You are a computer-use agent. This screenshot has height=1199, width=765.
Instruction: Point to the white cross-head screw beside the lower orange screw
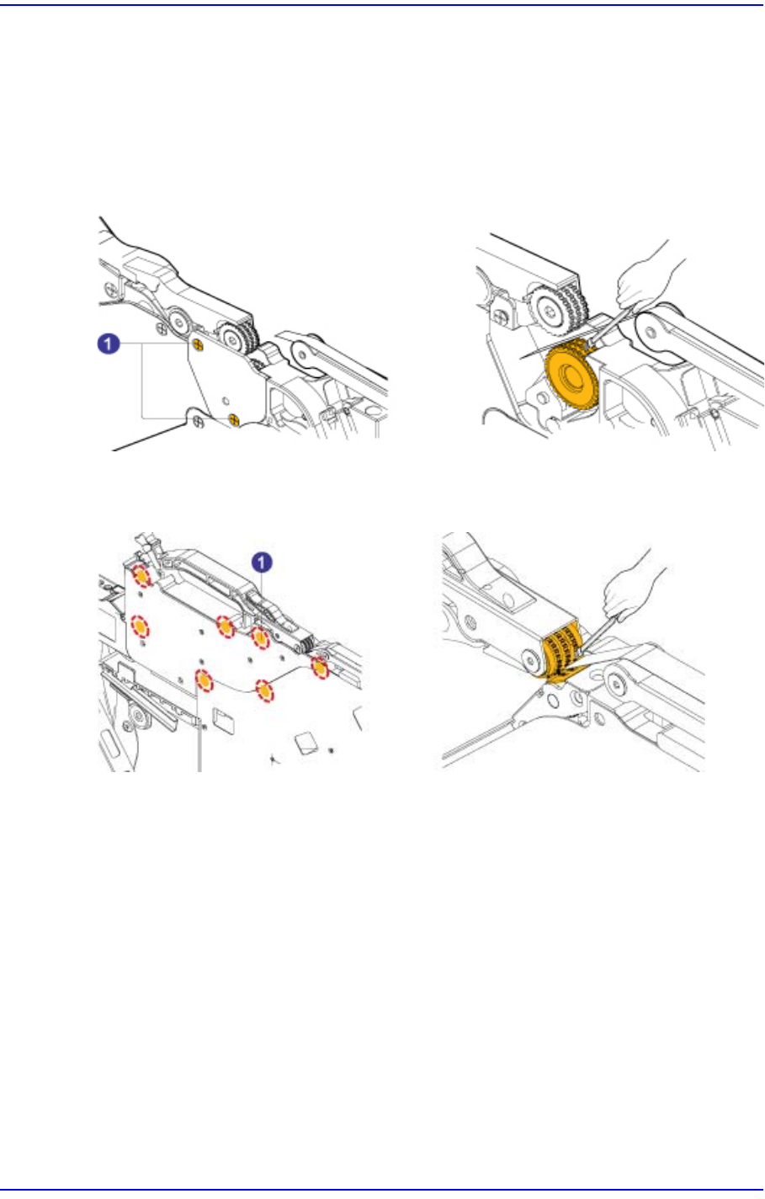pyautogui.click(x=196, y=418)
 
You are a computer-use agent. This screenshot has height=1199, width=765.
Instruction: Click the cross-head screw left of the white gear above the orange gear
pyautogui.click(x=502, y=315)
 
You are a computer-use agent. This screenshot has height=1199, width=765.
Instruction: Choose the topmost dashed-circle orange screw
pyautogui.click(x=141, y=576)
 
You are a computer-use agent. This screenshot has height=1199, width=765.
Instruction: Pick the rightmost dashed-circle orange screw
pyautogui.click(x=320, y=668)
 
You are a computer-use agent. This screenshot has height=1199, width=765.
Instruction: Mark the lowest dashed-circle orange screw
pyautogui.click(x=265, y=691)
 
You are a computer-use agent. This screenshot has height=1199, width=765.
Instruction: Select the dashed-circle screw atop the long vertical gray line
pyautogui.click(x=202, y=678)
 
